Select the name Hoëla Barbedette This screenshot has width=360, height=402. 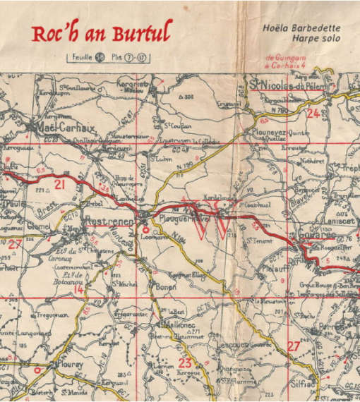pos(299,29)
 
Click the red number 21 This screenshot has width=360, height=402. pos(60,185)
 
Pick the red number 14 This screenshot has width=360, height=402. pos(78,289)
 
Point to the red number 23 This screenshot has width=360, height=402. pos(186,363)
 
